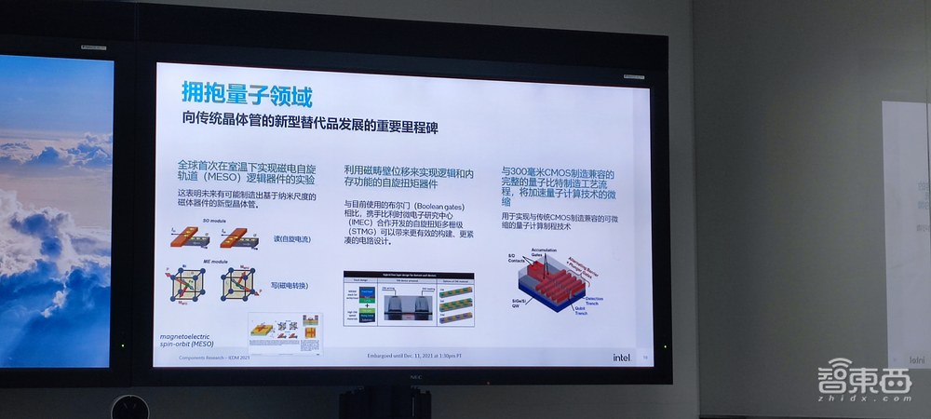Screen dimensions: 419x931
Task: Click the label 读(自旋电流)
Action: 291,237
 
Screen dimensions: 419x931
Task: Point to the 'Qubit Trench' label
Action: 586,314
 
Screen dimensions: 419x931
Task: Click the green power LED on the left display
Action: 122,346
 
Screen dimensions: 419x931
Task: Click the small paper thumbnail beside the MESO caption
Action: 277,334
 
